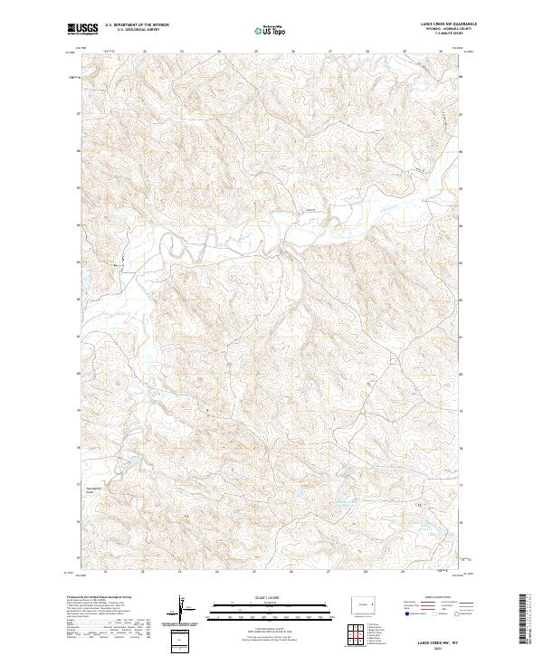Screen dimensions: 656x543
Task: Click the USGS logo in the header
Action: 82,29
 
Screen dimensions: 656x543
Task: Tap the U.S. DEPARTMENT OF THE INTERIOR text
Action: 137,25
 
